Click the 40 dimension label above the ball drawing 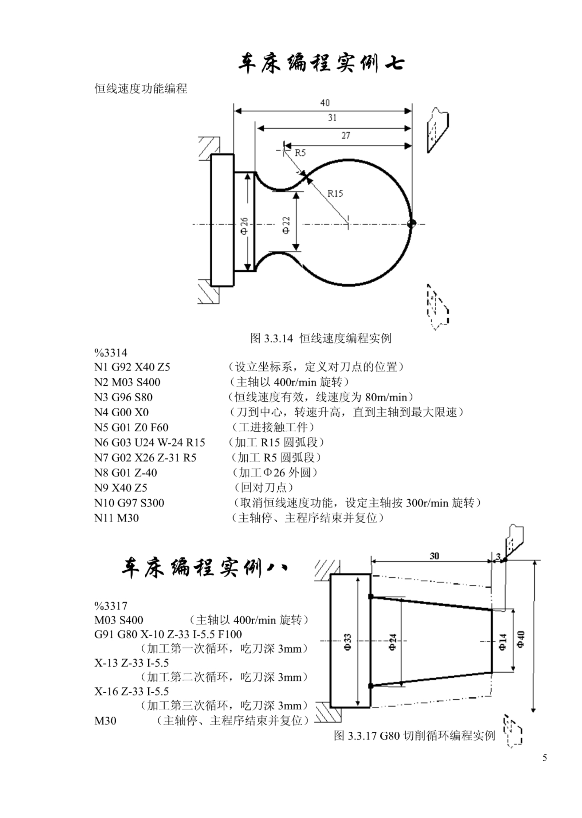pos(325,103)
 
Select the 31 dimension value pos(332,118)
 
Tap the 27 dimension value pos(345,135)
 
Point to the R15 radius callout pos(335,193)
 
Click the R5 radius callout pos(300,153)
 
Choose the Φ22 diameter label pos(286,225)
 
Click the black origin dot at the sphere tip pos(411,224)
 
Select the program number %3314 pos(111,353)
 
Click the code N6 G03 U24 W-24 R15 pos(150,443)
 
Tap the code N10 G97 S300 pos(129,503)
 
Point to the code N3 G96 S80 pos(123,397)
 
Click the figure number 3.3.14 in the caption pos(278,338)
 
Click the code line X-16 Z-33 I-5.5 pos(132,691)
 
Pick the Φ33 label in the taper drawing pos(347,642)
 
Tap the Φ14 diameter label pos(503,642)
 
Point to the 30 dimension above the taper pos(434,556)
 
